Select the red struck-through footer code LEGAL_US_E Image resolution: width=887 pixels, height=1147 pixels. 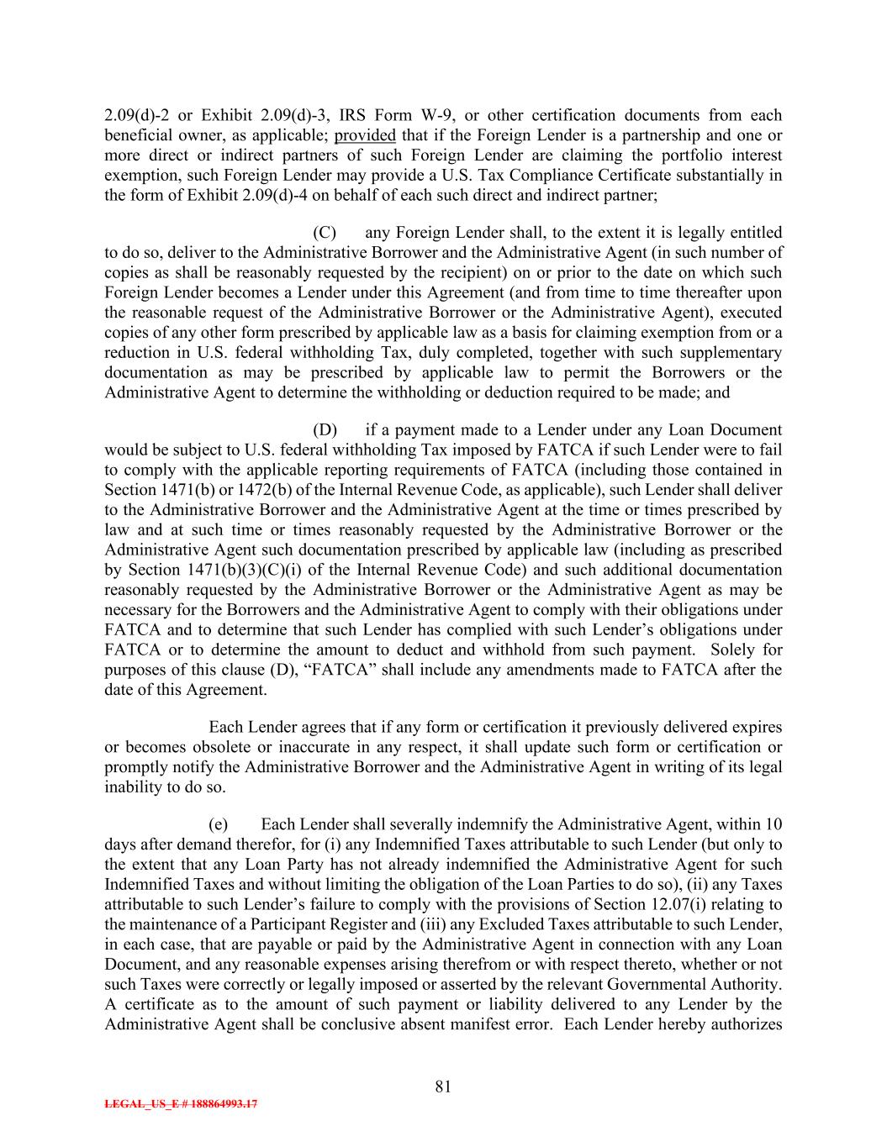pyautogui.click(x=181, y=1105)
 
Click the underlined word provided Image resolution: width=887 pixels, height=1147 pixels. pyautogui.click(x=365, y=135)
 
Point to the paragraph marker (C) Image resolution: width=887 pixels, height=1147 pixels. pyautogui.click(x=325, y=233)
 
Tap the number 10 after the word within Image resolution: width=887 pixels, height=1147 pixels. pyautogui.click(x=773, y=824)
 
